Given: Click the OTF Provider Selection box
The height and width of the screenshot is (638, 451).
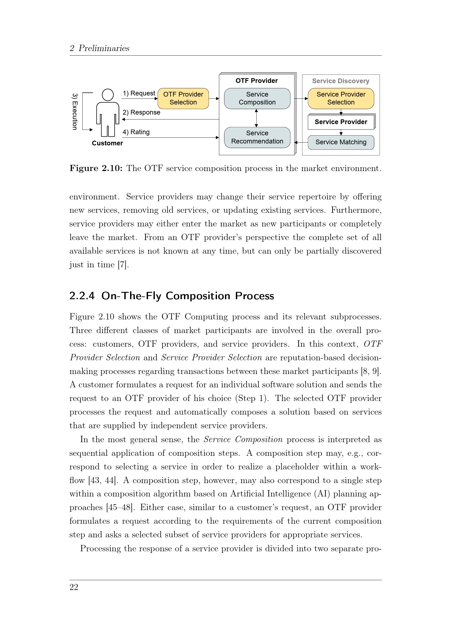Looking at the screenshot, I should tap(183, 98).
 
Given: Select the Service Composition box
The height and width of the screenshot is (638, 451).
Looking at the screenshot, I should tap(257, 98).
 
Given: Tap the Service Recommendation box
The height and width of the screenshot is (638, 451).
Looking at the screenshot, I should tap(257, 137).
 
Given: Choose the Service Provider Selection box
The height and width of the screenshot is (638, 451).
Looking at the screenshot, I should tap(341, 98).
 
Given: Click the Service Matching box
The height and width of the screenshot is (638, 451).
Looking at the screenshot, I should tap(341, 142).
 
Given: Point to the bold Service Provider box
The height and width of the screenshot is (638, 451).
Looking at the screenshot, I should tap(341, 122).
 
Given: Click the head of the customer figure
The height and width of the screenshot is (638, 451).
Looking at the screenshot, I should tap(108, 95).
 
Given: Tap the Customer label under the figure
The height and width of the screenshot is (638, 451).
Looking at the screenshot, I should tap(107, 143).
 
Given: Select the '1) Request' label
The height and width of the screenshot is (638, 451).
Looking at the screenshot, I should tap(139, 93).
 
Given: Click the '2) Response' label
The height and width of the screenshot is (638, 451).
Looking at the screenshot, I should tap(141, 113).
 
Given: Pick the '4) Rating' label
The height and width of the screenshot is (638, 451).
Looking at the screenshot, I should tap(136, 132).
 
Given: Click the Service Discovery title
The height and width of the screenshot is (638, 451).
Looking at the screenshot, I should tap(341, 81).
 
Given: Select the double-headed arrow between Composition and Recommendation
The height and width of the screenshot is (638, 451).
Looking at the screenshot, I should tap(256, 118).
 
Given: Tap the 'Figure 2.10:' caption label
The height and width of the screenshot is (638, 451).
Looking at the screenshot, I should tap(96, 168).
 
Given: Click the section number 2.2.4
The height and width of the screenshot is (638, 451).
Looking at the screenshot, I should tap(82, 296).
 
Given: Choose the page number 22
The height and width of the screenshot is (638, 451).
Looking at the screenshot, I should tap(74, 587).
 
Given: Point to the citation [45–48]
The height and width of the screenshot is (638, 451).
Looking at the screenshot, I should tap(120, 507).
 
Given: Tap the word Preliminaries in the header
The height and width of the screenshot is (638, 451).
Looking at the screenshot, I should tap(104, 48).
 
